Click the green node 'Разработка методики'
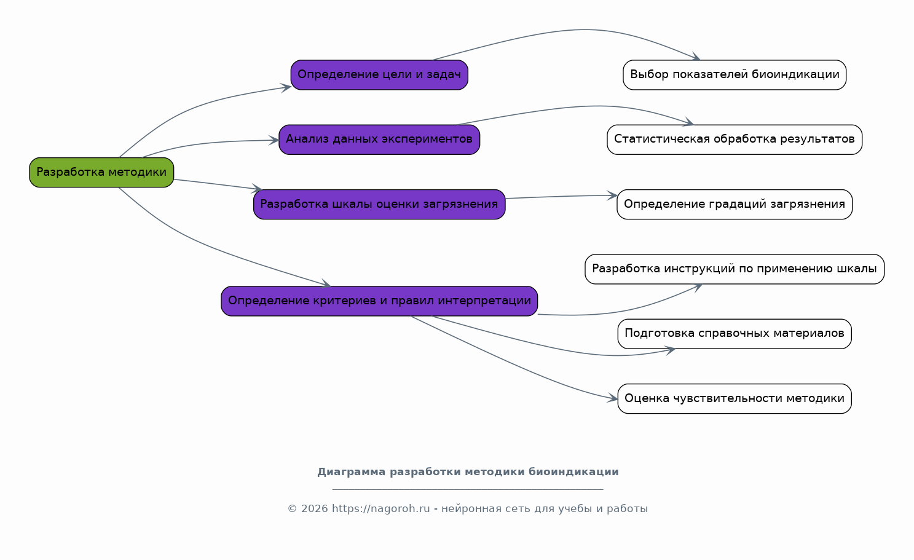click(101, 173)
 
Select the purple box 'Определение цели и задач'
click(379, 75)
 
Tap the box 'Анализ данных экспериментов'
click(379, 140)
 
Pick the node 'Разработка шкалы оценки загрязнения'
click(379, 205)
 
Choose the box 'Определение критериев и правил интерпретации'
click(379, 301)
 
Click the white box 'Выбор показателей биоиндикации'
click(735, 75)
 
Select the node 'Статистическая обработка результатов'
click(735, 140)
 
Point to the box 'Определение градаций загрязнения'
click(735, 205)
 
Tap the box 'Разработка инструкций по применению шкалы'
click(735, 269)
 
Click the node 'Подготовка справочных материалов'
click(735, 334)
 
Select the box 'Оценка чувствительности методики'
click(735, 399)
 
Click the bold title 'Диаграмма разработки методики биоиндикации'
click(468, 472)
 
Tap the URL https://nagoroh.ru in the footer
click(380, 508)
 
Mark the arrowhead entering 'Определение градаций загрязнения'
click(612, 195)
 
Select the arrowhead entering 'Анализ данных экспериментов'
click(274, 140)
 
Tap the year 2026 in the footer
click(314, 508)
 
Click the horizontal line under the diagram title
click(468, 489)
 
